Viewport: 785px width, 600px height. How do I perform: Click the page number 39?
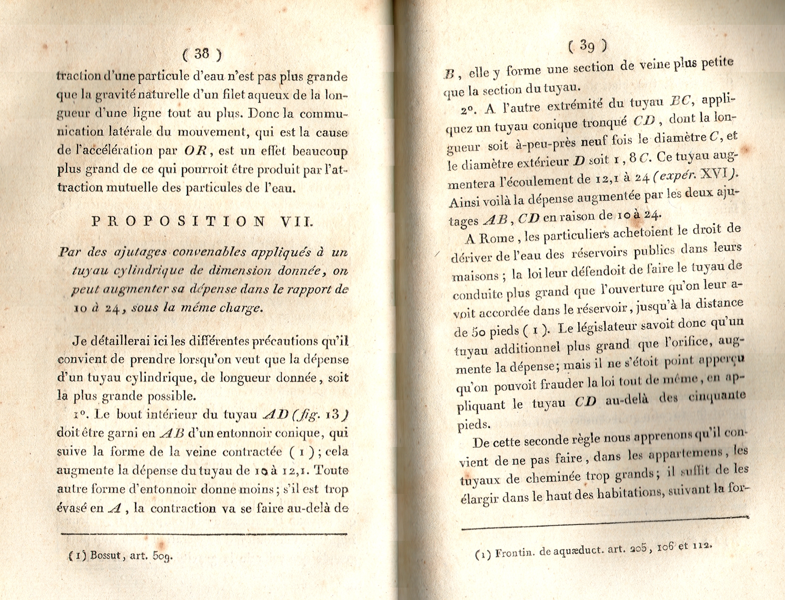(587, 46)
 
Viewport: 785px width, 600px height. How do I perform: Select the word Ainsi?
(465, 201)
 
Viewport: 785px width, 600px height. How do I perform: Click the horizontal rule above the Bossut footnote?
(204, 534)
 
